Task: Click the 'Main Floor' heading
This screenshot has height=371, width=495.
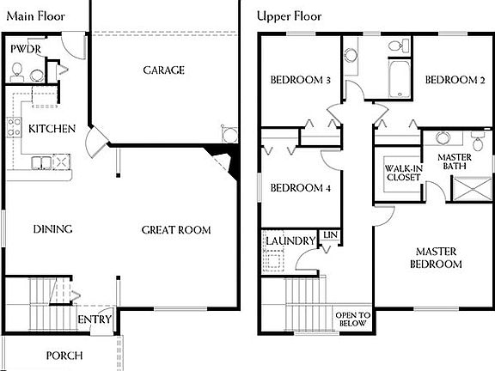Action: (34, 15)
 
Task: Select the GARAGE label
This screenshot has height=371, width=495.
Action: (163, 70)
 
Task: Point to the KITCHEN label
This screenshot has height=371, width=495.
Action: (52, 129)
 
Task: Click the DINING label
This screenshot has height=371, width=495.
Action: (52, 229)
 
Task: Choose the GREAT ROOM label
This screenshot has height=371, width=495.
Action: (176, 229)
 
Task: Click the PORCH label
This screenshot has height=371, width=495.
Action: (64, 356)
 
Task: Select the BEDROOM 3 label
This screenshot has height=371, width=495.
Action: (301, 81)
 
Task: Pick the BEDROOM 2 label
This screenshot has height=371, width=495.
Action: (455, 81)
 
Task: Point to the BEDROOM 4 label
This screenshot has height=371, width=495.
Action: (301, 189)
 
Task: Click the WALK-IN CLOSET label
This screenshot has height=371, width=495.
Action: (402, 173)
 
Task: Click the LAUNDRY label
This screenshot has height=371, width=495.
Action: (290, 241)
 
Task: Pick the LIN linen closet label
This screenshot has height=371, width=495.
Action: (330, 234)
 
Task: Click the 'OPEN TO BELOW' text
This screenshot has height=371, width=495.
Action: (353, 319)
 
